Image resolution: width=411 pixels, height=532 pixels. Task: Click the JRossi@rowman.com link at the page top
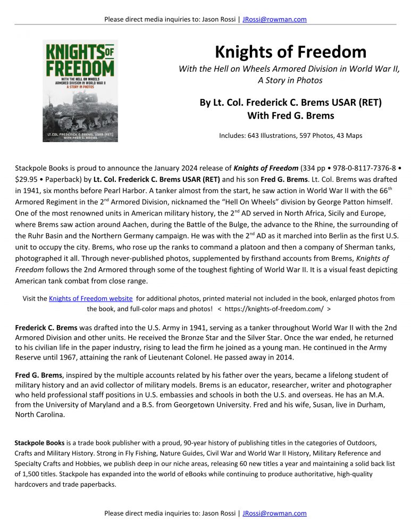click(x=274, y=20)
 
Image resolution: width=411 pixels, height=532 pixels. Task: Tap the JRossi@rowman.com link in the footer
click(x=274, y=513)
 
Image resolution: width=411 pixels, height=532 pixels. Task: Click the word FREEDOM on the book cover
click(x=80, y=69)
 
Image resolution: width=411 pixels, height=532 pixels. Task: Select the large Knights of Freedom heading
click(x=290, y=52)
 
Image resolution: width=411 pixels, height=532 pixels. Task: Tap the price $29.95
click(x=26, y=179)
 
